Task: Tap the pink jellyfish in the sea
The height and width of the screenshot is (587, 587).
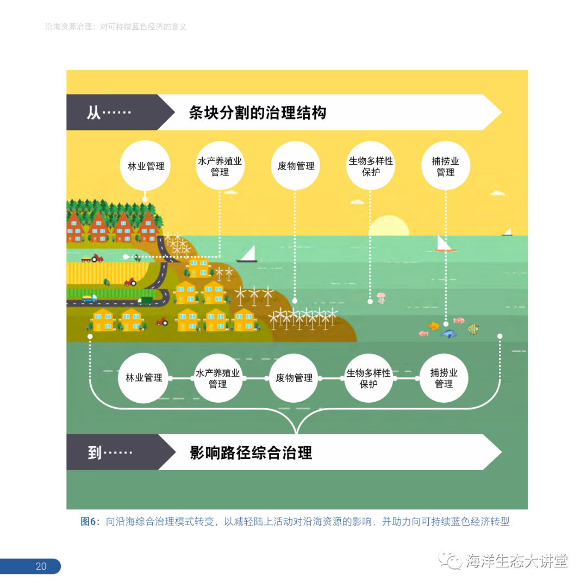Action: (380, 298)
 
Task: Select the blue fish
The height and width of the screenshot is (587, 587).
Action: (448, 333)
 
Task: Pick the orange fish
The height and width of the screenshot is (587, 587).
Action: (434, 326)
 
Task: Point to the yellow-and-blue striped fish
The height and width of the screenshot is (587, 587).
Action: (473, 329)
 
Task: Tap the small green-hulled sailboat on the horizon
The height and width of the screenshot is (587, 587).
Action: (508, 232)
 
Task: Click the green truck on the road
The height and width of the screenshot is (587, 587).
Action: (146, 299)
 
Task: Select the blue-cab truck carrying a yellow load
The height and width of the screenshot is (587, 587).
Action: (89, 298)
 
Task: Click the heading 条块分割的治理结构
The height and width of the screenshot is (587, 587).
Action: (257, 113)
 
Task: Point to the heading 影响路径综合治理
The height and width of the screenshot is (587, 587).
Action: (251, 452)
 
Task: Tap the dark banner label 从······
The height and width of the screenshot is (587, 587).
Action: (109, 113)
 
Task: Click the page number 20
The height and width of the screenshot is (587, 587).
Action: (41, 566)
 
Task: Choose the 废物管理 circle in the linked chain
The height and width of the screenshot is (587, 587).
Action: (293, 378)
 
